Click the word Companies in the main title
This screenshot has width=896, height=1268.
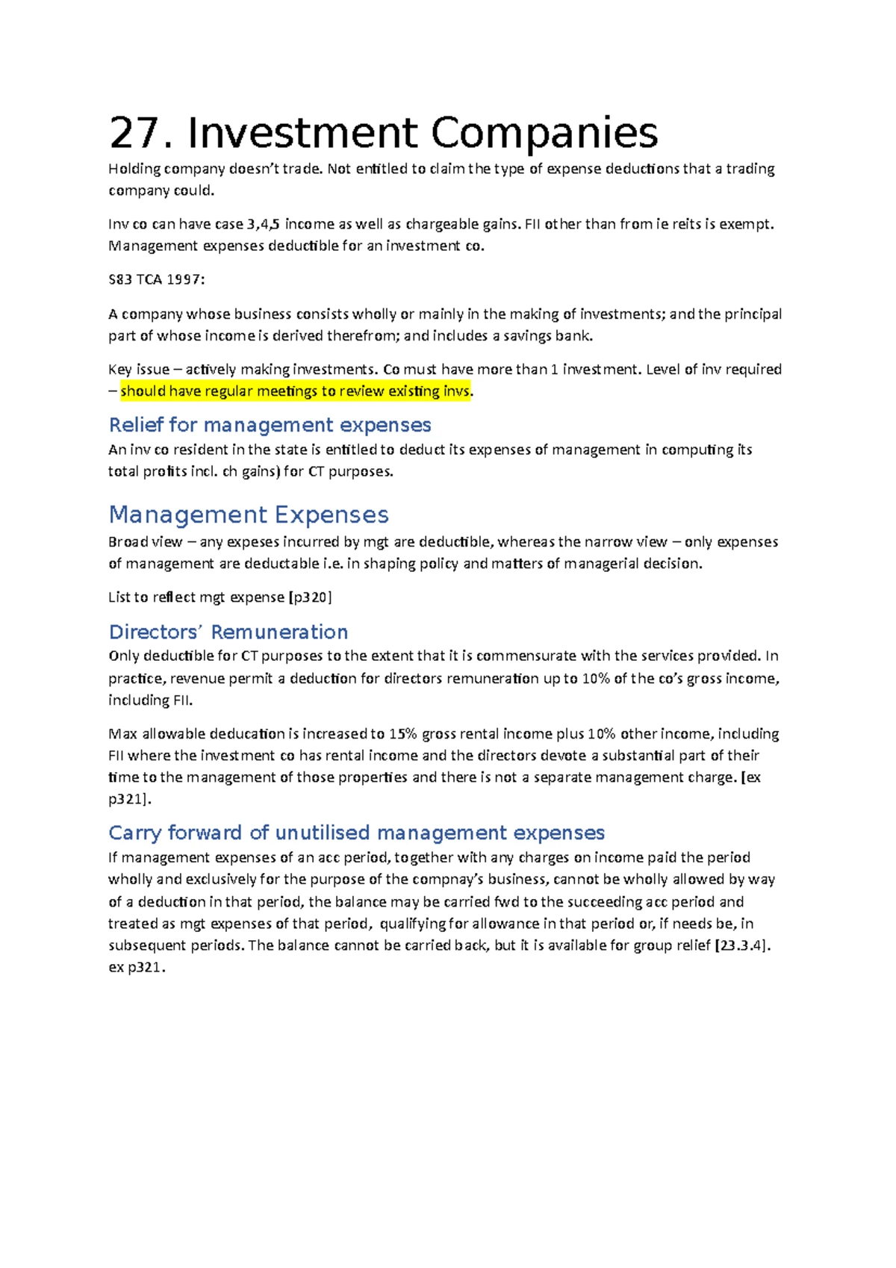pyautogui.click(x=544, y=133)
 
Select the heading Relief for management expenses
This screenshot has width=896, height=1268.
pyautogui.click(x=270, y=425)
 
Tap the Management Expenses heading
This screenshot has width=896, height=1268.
pyautogui.click(x=249, y=515)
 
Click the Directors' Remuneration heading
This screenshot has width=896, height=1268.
pyautogui.click(x=228, y=632)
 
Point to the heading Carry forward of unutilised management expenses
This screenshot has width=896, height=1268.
pyautogui.click(x=356, y=833)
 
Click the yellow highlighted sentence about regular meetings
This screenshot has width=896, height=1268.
pyautogui.click(x=296, y=391)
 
